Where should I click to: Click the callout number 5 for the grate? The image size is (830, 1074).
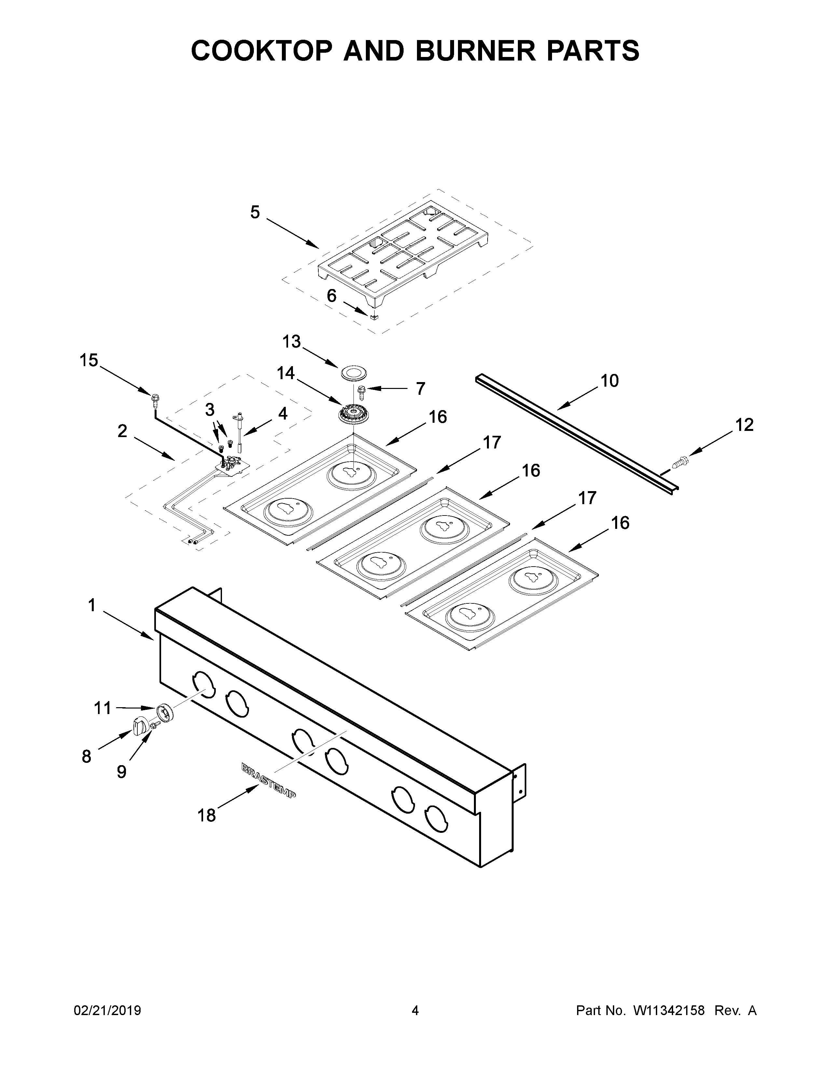click(255, 213)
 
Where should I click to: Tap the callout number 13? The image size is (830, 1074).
click(292, 341)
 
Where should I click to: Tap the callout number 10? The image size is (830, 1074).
click(610, 381)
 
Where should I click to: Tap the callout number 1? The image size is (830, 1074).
click(92, 605)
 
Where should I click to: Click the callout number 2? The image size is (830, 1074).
click(122, 431)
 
